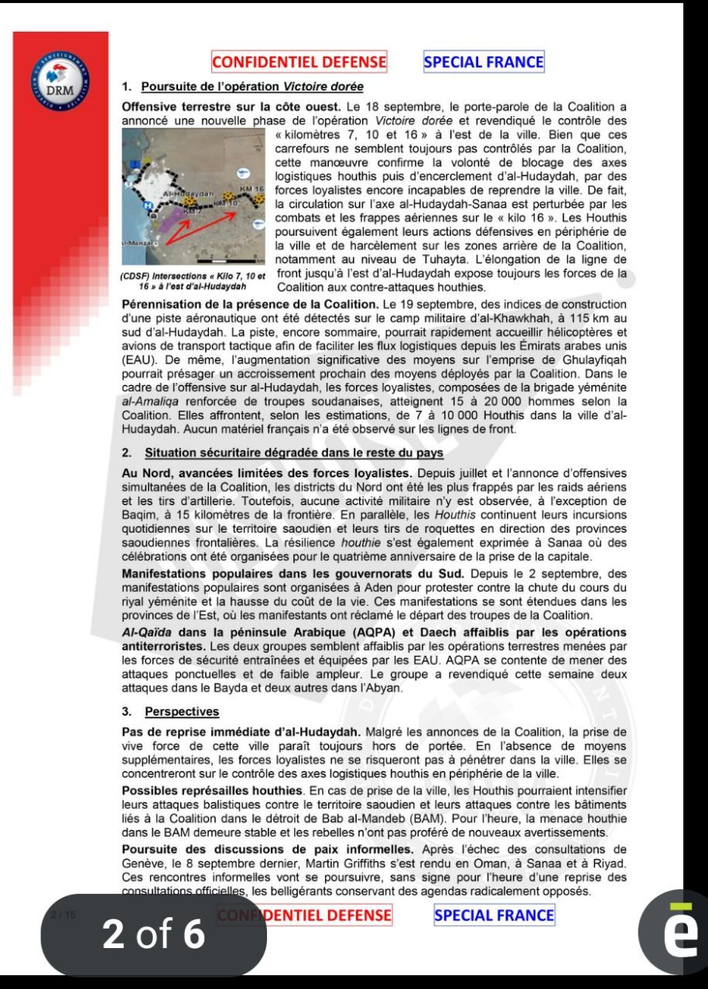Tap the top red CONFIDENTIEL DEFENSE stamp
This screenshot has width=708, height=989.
click(x=299, y=61)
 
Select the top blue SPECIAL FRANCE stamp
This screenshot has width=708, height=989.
click(x=484, y=61)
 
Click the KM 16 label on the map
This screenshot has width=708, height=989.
click(x=252, y=189)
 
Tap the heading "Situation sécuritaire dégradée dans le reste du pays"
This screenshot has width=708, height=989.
click(x=299, y=452)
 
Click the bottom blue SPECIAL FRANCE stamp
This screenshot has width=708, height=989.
click(x=494, y=916)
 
